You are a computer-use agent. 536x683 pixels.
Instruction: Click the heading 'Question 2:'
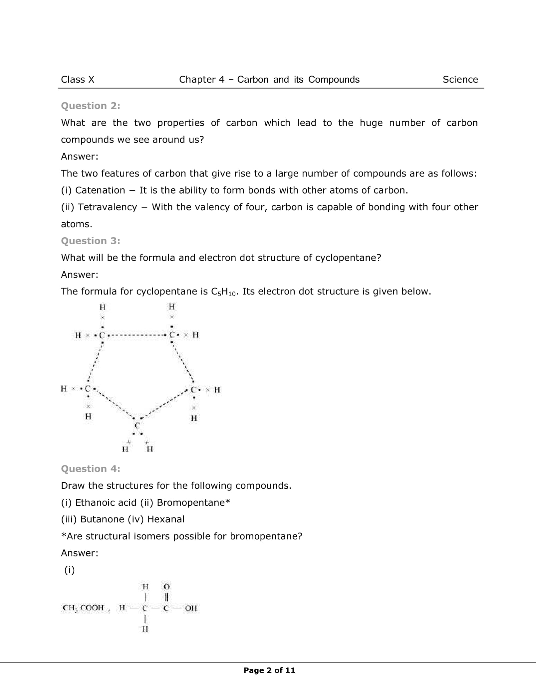click(91, 106)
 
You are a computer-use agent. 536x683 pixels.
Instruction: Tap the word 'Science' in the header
click(460, 79)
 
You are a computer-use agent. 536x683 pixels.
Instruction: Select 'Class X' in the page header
click(78, 79)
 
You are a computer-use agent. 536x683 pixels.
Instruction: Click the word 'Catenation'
click(100, 190)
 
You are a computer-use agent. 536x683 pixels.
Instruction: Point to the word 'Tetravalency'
click(108, 207)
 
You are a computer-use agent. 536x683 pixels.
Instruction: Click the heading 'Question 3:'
click(91, 241)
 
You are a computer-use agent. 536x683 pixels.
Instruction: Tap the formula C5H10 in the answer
click(224, 292)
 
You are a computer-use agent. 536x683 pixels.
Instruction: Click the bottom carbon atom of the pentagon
click(137, 425)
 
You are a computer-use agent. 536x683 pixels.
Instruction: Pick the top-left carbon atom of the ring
click(102, 335)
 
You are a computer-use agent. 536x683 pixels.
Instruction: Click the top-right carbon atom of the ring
click(172, 335)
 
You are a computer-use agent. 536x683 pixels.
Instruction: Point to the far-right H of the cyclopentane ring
click(217, 390)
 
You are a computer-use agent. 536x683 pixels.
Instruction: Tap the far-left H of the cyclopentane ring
click(64, 388)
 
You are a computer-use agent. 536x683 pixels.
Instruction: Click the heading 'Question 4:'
click(91, 468)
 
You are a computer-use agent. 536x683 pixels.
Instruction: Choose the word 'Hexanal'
click(166, 519)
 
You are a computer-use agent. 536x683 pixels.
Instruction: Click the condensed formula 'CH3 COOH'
click(84, 608)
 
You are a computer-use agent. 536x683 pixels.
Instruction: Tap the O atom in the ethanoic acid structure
click(166, 586)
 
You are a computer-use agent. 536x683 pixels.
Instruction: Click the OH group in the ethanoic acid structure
click(191, 608)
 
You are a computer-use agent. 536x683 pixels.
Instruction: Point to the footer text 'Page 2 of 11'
click(269, 670)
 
